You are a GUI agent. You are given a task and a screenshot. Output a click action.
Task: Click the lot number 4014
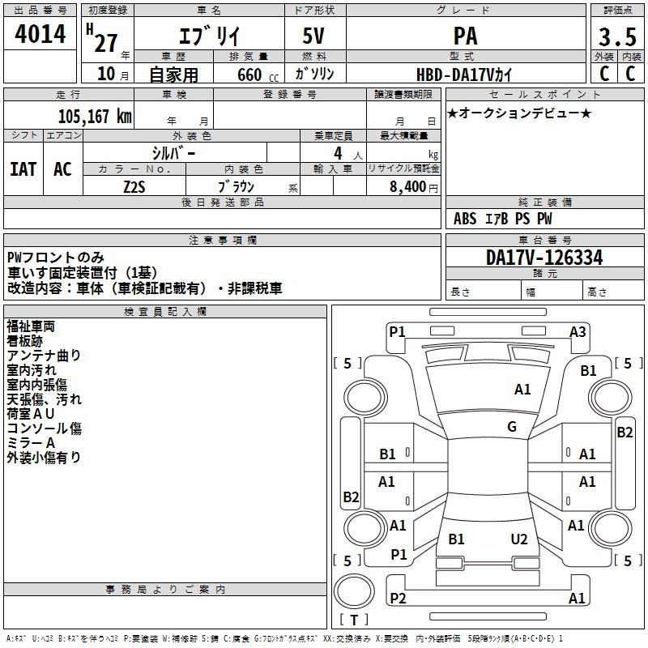40,34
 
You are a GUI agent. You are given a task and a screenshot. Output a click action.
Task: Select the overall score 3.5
617,36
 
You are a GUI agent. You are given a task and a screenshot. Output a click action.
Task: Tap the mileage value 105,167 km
95,117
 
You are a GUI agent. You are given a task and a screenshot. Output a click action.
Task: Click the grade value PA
465,36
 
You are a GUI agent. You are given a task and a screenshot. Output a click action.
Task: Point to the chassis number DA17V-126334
544,258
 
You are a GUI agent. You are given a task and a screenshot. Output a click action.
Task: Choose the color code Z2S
134,187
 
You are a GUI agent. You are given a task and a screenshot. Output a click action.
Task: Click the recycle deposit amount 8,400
408,187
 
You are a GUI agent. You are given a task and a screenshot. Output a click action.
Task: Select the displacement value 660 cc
258,75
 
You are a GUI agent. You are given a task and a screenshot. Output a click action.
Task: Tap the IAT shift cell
23,169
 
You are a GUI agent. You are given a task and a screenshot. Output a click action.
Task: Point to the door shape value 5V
313,36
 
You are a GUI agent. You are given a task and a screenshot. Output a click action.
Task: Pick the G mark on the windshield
512,426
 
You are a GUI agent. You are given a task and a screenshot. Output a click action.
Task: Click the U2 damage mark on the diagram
519,539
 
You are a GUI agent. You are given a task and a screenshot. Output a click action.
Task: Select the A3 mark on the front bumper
578,332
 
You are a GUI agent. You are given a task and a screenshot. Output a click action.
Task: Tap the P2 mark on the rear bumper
398,598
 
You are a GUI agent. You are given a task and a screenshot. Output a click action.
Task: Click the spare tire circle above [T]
355,591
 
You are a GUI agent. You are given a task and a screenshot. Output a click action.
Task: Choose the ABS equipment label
465,219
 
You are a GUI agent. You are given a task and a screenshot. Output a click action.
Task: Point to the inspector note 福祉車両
31,326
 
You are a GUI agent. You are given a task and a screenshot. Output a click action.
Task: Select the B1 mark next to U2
456,539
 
